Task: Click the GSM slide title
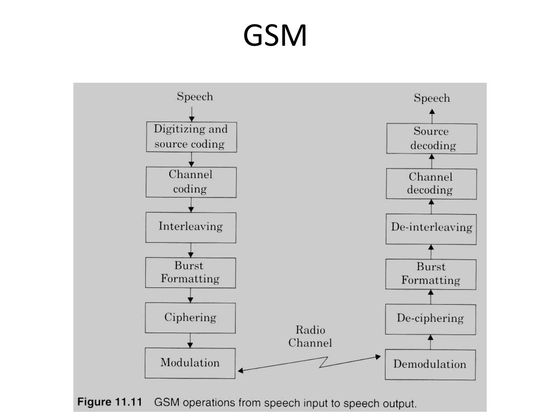coord(275,35)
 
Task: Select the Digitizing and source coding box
coord(191,137)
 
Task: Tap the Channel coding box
coord(191,182)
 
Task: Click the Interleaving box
coord(191,227)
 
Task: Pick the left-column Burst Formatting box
coord(190,273)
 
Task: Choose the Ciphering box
coord(190,318)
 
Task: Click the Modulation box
coord(190,363)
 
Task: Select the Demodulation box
coord(430,365)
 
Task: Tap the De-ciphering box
coord(430,319)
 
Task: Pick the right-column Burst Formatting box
coord(430,274)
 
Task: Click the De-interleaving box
coord(431,229)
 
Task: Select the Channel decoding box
coord(431,184)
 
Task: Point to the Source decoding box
coord(432,138)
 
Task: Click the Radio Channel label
coord(310,336)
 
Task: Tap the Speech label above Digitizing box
coord(195,97)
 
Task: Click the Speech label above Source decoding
coord(432,98)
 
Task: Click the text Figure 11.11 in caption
coord(110,402)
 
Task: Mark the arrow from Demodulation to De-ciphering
coord(430,342)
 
